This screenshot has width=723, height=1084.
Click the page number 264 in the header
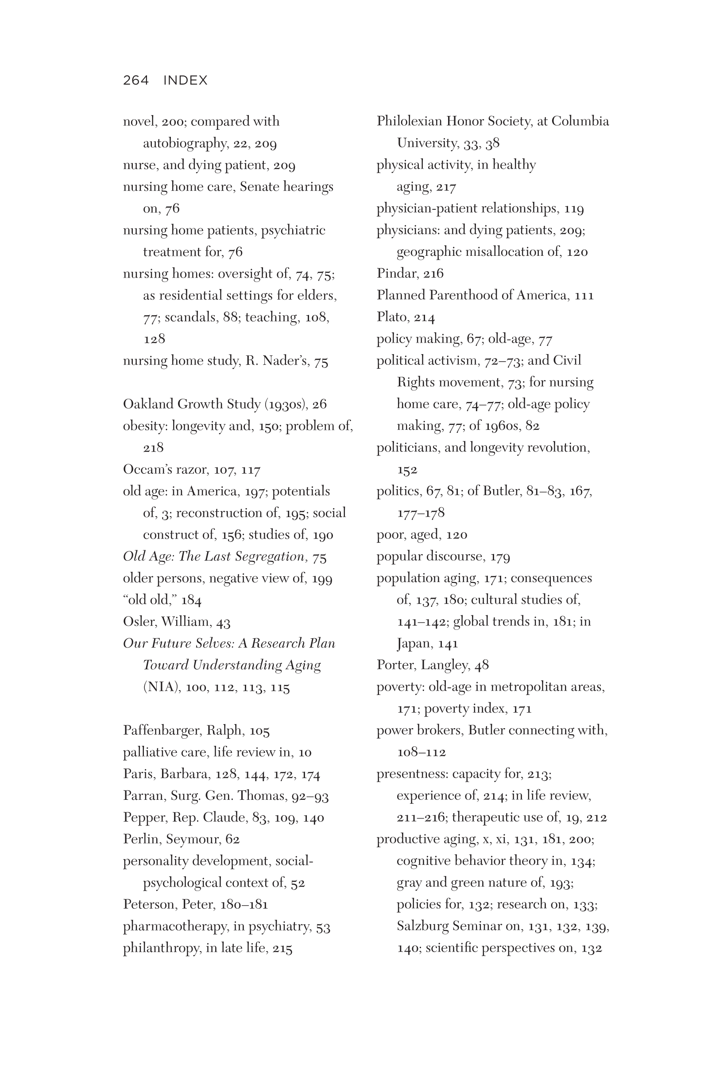click(135, 80)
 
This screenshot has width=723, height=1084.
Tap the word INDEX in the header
click(186, 80)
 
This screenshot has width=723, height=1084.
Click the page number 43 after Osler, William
click(223, 622)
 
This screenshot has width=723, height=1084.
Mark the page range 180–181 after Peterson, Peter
click(244, 904)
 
